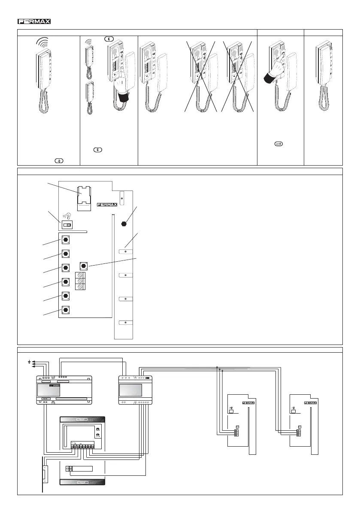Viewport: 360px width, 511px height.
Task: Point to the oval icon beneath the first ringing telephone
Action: coord(56,160)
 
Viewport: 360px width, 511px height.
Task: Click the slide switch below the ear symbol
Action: coord(67,224)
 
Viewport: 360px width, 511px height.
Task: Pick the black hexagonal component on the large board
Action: coord(124,224)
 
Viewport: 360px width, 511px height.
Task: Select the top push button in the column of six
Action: coord(66,239)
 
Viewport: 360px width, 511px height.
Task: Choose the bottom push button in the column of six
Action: coord(66,309)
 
